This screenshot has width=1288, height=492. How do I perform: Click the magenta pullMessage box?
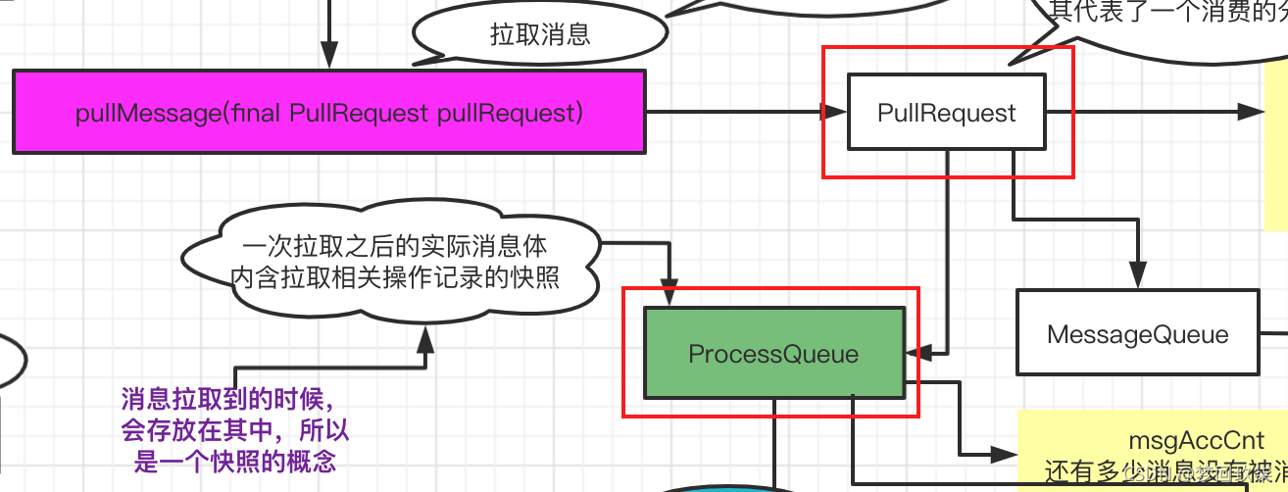point(328,112)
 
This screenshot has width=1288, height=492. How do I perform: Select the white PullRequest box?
point(946,113)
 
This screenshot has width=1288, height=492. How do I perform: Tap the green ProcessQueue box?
point(773,353)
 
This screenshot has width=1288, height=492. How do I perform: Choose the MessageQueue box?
point(1137,333)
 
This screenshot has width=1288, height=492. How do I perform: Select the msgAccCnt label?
point(1181,442)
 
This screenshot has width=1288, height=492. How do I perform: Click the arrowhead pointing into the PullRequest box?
point(836,113)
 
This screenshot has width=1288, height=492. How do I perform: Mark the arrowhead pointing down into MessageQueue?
point(1137,277)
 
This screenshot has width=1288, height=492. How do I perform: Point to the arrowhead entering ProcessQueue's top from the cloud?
point(670,295)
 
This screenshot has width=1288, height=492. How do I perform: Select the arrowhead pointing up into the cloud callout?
point(424,339)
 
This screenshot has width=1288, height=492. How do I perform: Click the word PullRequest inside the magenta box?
point(358,113)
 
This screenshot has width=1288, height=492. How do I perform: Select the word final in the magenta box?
point(257,113)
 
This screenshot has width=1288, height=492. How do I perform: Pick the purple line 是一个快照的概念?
point(234,462)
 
